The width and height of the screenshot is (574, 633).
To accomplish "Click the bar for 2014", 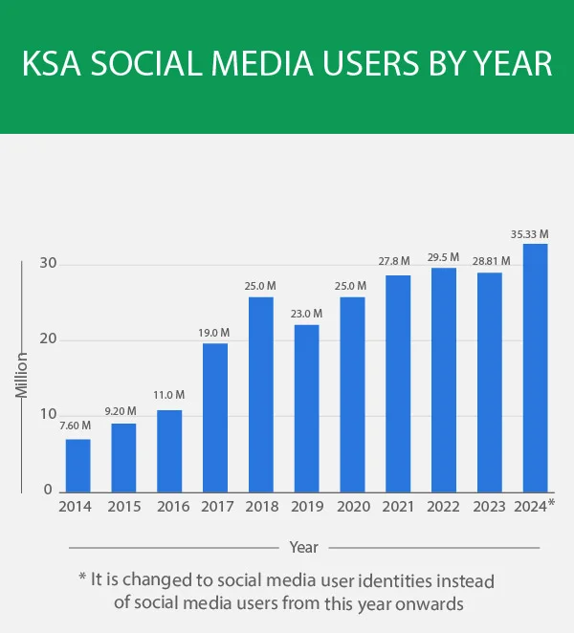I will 77,466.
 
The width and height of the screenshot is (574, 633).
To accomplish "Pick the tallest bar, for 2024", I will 536,368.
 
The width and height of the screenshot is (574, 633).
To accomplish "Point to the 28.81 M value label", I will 490,260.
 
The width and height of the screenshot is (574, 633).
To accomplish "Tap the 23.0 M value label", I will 306,313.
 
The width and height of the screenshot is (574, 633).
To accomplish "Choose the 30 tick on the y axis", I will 45,264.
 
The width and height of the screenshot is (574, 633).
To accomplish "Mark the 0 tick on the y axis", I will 48,491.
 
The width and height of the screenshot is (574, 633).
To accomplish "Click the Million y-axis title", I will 21,377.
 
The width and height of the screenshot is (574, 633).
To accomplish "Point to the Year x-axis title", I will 304,548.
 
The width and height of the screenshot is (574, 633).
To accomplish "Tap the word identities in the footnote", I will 376,580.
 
